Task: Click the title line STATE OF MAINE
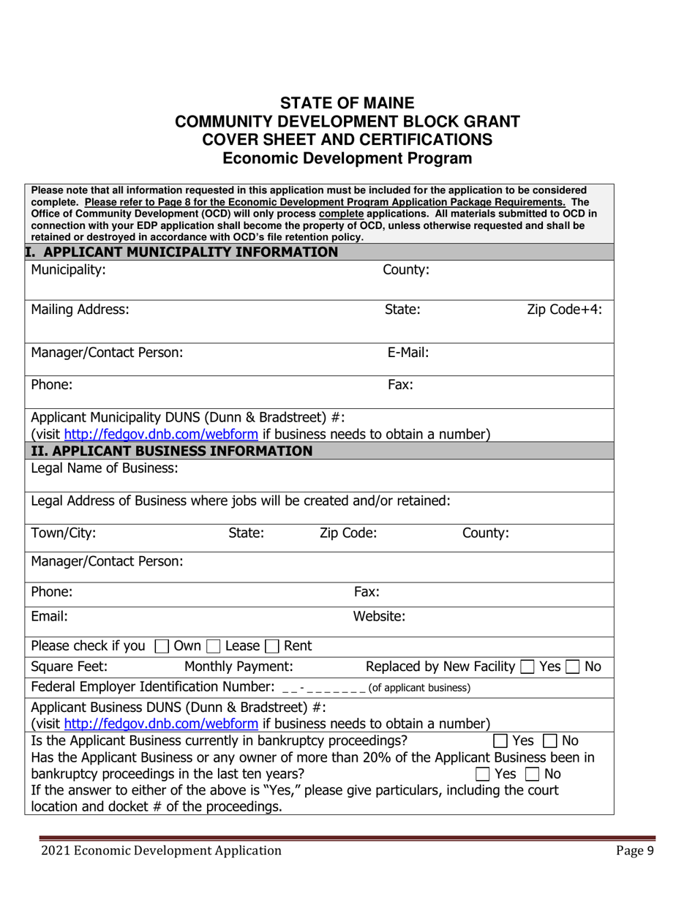(347, 103)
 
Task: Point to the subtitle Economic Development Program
(347, 157)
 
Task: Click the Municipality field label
(68, 270)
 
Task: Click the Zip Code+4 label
(564, 310)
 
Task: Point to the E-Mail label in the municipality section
(407, 353)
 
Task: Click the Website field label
(379, 616)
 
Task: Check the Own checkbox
(161, 646)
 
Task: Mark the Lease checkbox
(212, 646)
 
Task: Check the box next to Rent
(272, 646)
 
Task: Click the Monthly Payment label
(238, 666)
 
